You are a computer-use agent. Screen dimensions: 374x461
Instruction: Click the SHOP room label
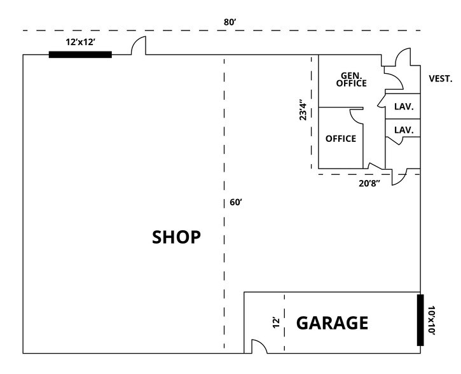[176, 237]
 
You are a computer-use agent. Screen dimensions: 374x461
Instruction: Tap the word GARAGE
[332, 323]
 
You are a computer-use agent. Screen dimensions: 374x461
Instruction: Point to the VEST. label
[441, 79]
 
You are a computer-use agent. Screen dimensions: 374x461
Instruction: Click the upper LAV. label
[404, 107]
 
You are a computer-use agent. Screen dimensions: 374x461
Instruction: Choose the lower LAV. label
[404, 130]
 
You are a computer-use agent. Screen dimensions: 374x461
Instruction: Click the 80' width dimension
[230, 22]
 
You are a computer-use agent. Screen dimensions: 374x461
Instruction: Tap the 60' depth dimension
[236, 203]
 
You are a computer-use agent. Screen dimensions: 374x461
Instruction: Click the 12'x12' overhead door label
[80, 41]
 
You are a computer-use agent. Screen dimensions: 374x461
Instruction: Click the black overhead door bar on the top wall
[80, 55]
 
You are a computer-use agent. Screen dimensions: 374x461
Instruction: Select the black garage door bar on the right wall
[420, 320]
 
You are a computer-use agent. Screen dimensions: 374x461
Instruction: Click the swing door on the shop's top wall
[139, 46]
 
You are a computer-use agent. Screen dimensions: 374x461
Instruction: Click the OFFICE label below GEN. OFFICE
[341, 139]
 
